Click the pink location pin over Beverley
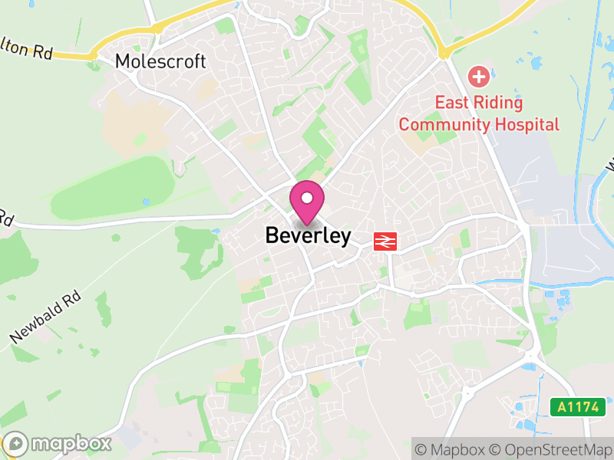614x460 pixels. coord(307,202)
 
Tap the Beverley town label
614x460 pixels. coord(308,236)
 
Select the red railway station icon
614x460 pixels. coord(385,242)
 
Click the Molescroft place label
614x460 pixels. coord(160,61)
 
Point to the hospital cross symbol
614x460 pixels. coord(480,77)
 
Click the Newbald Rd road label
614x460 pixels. coord(45,317)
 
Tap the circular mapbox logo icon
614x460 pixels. coord(16,444)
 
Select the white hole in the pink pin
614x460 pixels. coord(307,198)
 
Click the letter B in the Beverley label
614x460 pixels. coord(272,236)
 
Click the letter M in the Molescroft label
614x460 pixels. coord(123,61)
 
